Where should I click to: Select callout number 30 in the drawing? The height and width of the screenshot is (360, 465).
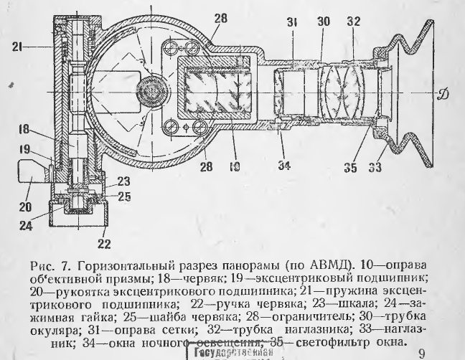point(324,22)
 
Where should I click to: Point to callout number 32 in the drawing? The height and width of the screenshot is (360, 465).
point(352,22)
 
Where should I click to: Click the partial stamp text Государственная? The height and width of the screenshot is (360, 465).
point(233,352)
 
